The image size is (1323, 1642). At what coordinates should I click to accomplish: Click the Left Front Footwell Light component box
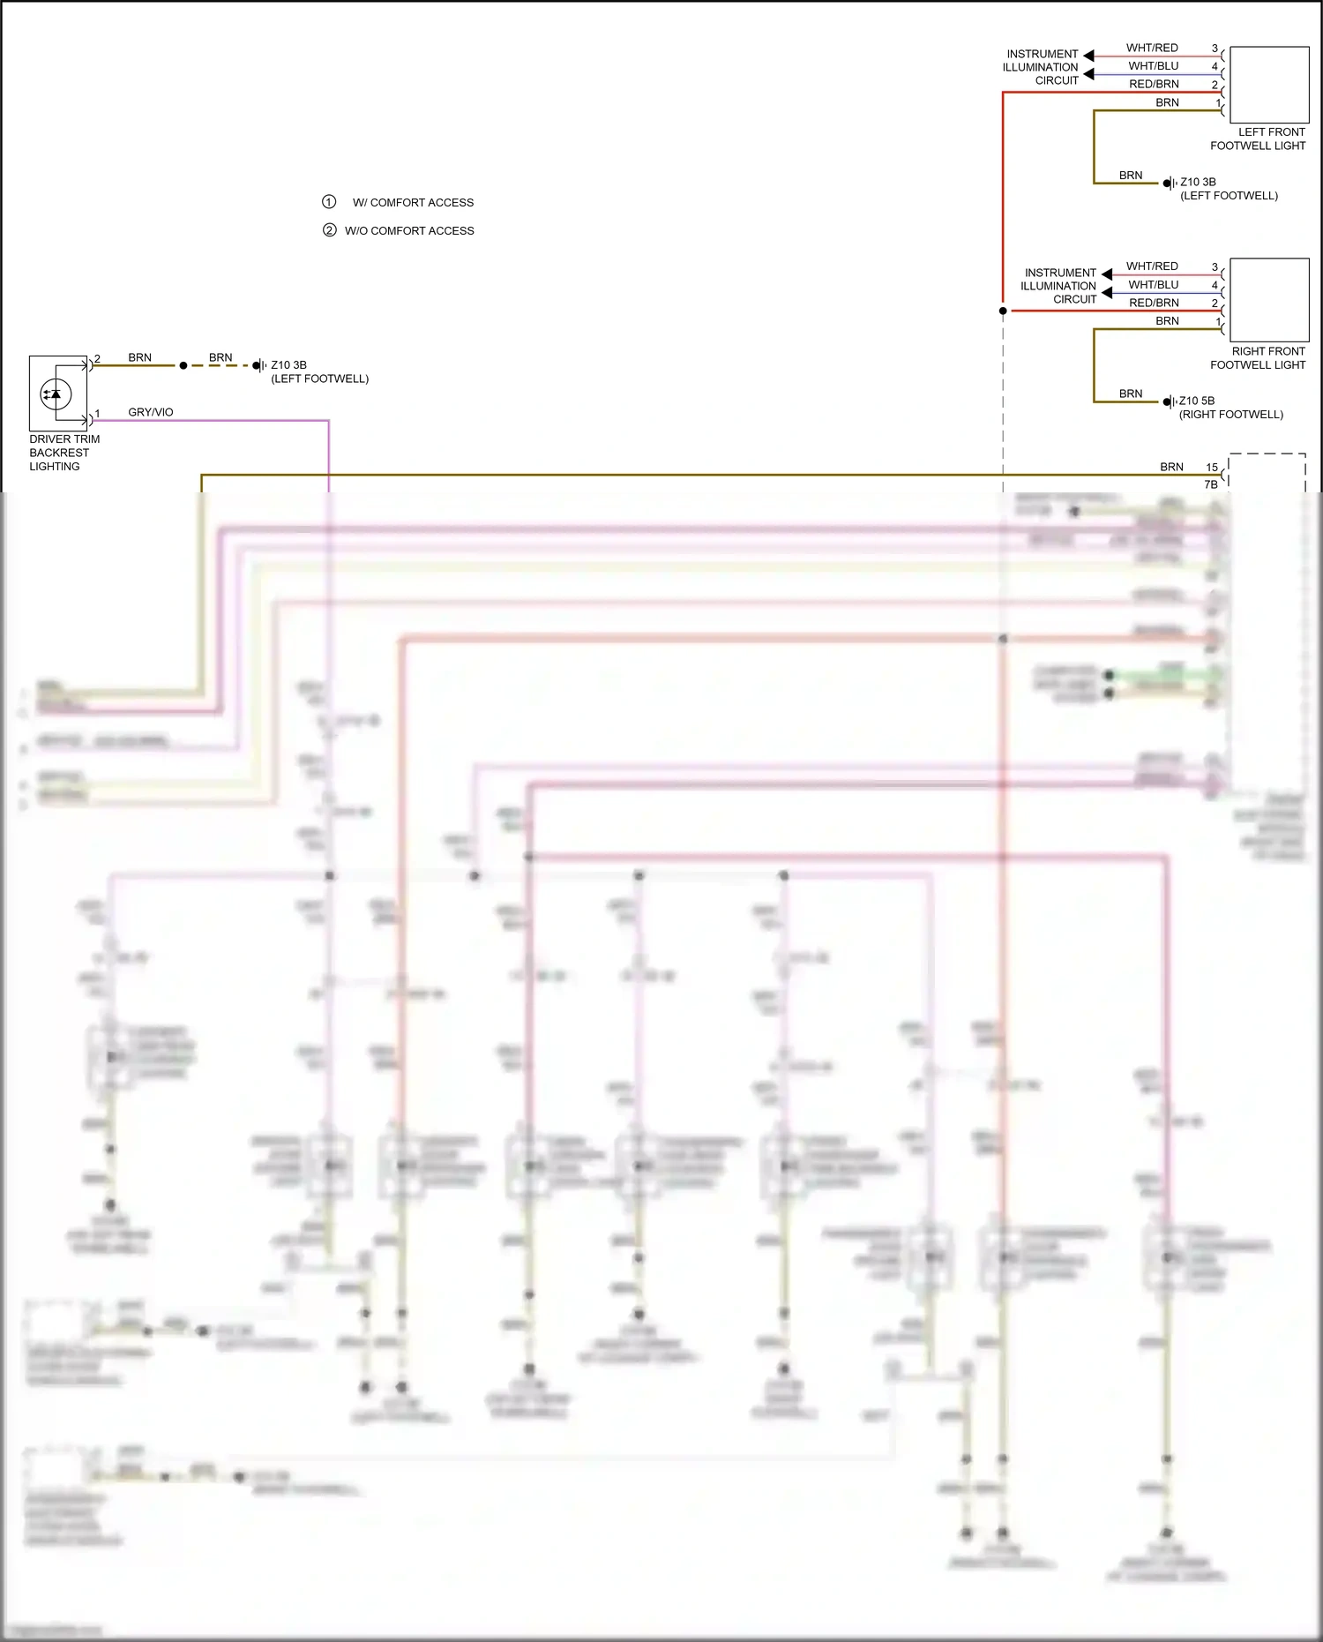1268,84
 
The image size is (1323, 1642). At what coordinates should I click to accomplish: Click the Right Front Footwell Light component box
1268,299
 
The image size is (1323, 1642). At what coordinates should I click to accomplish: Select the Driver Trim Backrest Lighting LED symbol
56,394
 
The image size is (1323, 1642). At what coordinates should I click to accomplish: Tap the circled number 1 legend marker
329,202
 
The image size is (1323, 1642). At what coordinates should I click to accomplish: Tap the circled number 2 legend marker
329,230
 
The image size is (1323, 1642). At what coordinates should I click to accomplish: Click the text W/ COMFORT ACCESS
413,203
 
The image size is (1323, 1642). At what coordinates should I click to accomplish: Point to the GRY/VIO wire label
150,412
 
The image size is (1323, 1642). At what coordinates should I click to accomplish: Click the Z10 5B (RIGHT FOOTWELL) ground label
1230,408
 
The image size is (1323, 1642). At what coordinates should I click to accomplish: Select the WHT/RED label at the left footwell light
1152,48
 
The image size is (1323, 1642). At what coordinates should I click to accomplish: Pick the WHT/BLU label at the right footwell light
1153,285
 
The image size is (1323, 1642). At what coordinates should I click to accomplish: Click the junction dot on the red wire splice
1003,311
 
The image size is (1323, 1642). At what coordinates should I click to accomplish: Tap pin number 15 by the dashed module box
1212,468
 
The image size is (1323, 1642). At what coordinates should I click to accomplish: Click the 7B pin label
1211,484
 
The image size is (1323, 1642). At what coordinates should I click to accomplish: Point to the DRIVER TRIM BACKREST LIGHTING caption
64,453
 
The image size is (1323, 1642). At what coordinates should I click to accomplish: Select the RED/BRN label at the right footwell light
1154,303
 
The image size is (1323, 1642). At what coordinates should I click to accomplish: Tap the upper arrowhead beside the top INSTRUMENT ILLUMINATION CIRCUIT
1088,56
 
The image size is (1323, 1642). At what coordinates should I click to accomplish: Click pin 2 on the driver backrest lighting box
97,359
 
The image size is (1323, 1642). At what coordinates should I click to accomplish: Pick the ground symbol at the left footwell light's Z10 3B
1170,183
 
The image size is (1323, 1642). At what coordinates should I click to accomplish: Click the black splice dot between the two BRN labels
183,365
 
